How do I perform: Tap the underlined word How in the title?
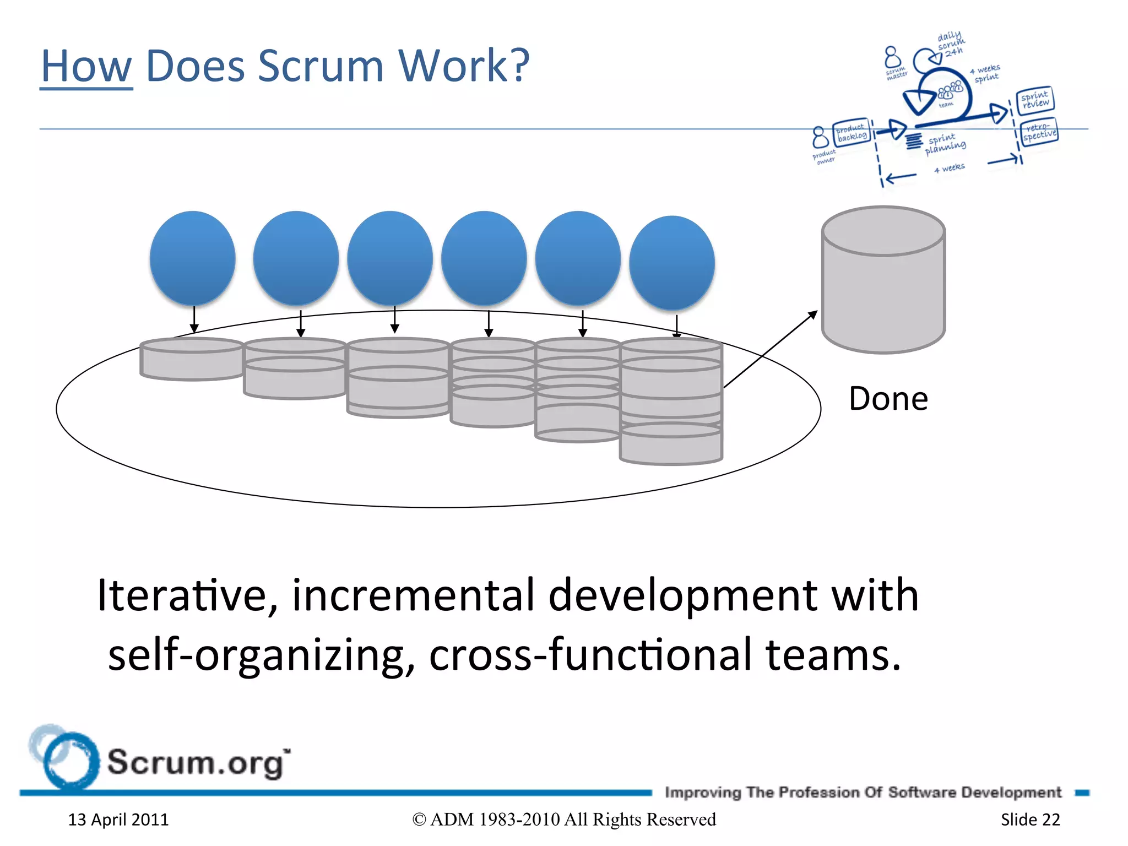click(86, 66)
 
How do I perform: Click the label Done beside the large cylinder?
click(888, 399)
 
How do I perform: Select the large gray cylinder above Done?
click(883, 281)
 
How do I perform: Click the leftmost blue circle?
click(192, 258)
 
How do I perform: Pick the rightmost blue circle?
click(671, 263)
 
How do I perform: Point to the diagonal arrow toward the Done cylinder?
click(770, 349)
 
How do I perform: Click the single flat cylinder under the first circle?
click(191, 359)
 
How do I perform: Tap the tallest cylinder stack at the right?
click(671, 402)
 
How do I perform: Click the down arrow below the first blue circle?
click(194, 320)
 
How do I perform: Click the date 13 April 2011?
click(118, 820)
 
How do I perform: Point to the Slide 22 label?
click(1030, 820)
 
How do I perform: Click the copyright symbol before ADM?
click(419, 820)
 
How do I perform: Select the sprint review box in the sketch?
click(1034, 100)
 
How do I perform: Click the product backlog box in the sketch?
click(852, 133)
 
